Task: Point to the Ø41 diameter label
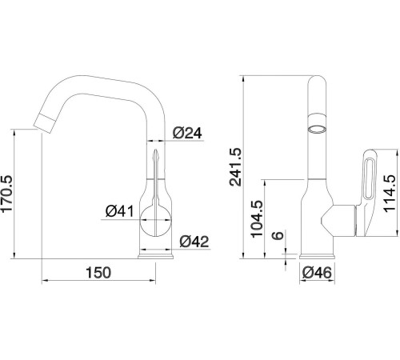click(119, 211)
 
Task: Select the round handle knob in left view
click(157, 215)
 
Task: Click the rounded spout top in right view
click(317, 84)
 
